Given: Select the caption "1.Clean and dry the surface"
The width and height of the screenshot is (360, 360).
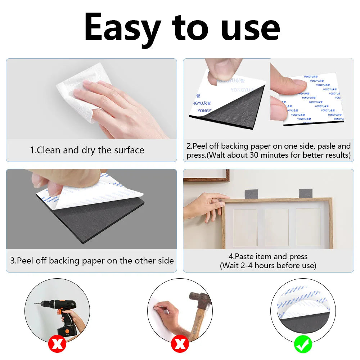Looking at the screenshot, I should click(87, 150).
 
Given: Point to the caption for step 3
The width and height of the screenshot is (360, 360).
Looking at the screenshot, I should click(92, 261).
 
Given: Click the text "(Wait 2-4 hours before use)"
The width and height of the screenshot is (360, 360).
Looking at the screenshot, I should click(268, 266).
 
